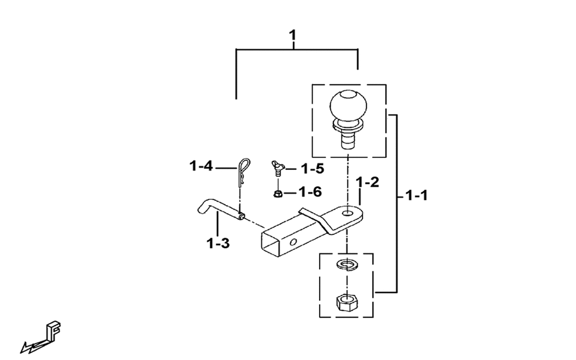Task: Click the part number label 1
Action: (293, 36)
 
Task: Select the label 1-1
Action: (416, 195)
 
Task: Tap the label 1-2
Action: (367, 182)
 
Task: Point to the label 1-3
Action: (218, 243)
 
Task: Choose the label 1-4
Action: (201, 166)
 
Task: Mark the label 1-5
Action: (313, 169)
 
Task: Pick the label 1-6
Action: (310, 192)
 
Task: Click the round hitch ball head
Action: (348, 105)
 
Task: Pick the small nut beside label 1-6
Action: (278, 193)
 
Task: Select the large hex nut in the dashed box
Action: (346, 302)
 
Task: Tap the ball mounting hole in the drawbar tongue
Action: (347, 214)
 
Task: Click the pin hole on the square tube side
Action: (293, 242)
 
